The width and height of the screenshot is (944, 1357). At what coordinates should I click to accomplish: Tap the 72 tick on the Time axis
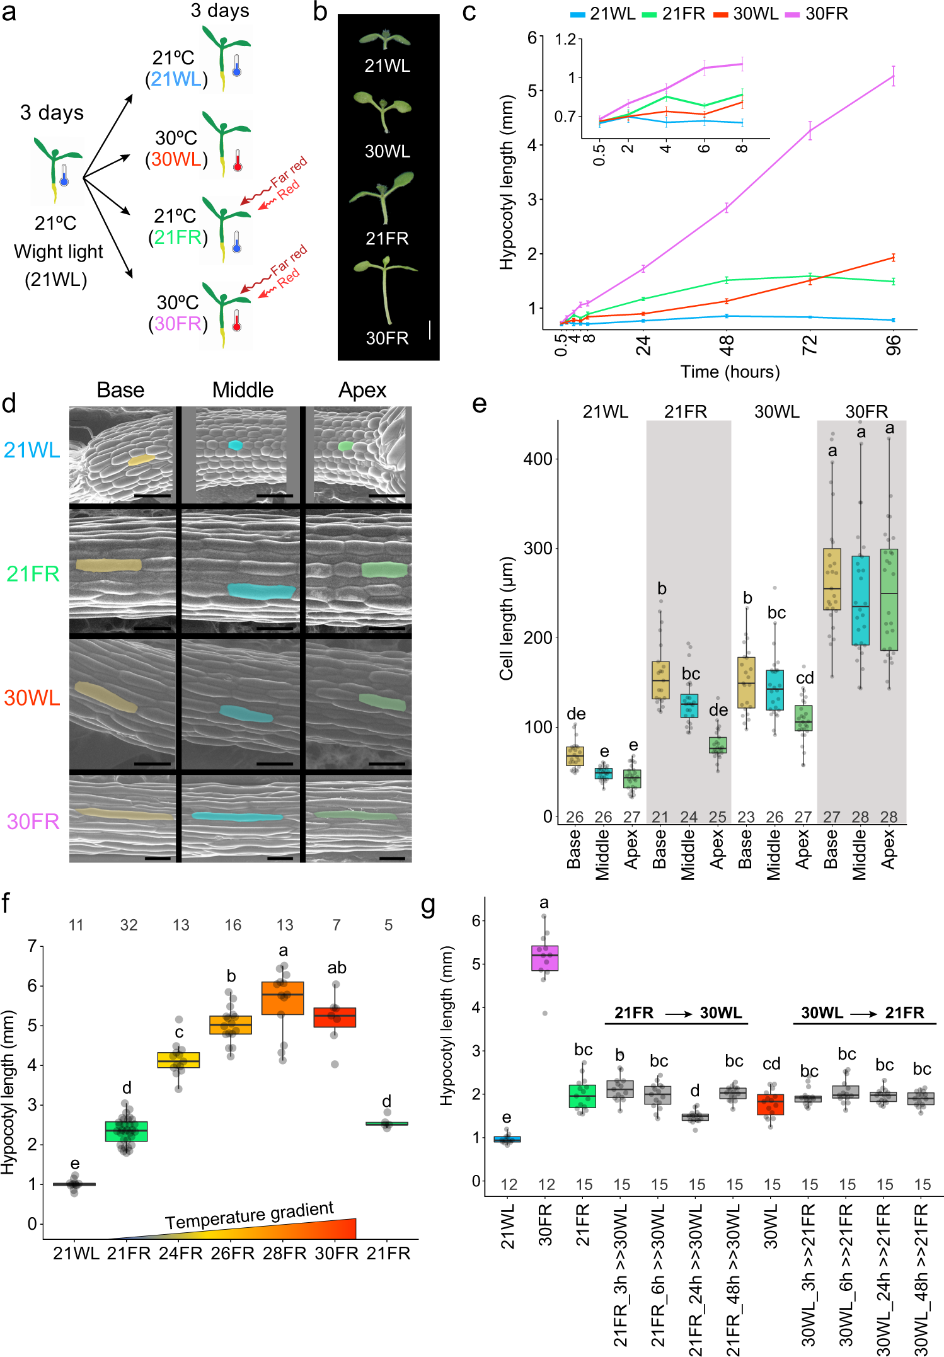pyautogui.click(x=809, y=345)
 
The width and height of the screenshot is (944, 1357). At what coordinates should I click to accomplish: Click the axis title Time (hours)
pyautogui.click(x=730, y=372)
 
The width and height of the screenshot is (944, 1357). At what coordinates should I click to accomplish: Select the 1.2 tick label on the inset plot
pyautogui.click(x=565, y=40)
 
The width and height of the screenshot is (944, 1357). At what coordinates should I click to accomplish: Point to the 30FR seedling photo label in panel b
pyautogui.click(x=387, y=338)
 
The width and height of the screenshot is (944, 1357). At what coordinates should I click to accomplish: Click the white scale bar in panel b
pyautogui.click(x=430, y=329)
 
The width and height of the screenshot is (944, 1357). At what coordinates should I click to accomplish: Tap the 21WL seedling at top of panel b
pyautogui.click(x=385, y=40)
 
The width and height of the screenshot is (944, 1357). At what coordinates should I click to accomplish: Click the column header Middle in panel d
pyautogui.click(x=243, y=390)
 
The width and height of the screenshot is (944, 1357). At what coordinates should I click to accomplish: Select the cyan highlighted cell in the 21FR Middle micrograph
pyautogui.click(x=261, y=591)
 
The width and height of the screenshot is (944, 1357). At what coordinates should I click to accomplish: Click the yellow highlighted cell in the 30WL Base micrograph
pyautogui.click(x=105, y=697)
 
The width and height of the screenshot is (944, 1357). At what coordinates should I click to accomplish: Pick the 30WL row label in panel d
pyautogui.click(x=32, y=697)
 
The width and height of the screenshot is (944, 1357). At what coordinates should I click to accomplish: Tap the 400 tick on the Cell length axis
pyautogui.click(x=538, y=459)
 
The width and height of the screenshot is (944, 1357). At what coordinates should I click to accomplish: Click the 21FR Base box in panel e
pyautogui.click(x=660, y=680)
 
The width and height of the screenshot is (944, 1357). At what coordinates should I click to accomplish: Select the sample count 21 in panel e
pyautogui.click(x=660, y=817)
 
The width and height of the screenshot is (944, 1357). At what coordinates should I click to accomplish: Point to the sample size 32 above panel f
pyautogui.click(x=129, y=925)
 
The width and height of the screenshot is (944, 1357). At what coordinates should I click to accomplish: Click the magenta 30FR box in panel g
pyautogui.click(x=544, y=958)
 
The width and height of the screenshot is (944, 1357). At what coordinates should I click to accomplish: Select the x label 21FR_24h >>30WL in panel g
pyautogui.click(x=696, y=1279)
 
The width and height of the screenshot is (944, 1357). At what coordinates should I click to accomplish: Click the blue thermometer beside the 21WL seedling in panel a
pyautogui.click(x=236, y=66)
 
